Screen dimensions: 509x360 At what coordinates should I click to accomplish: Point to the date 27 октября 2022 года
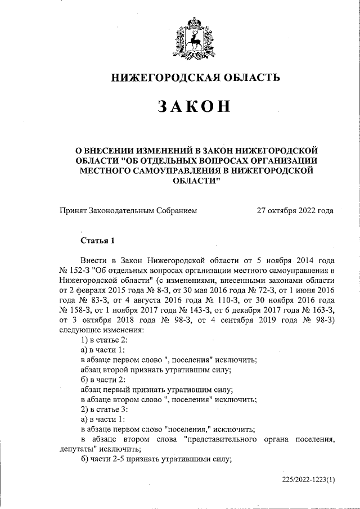point(295,211)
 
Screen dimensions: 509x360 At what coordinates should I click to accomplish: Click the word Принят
point(73,211)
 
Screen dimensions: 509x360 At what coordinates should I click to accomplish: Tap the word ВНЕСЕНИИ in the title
point(116,150)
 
